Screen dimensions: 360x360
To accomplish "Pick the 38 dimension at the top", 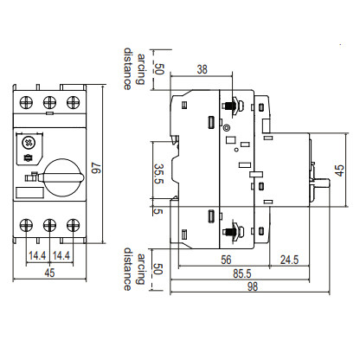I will pos(202,70).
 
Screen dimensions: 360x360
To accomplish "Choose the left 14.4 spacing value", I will pos(36,256).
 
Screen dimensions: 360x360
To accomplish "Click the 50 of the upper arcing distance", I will pos(157,70).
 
